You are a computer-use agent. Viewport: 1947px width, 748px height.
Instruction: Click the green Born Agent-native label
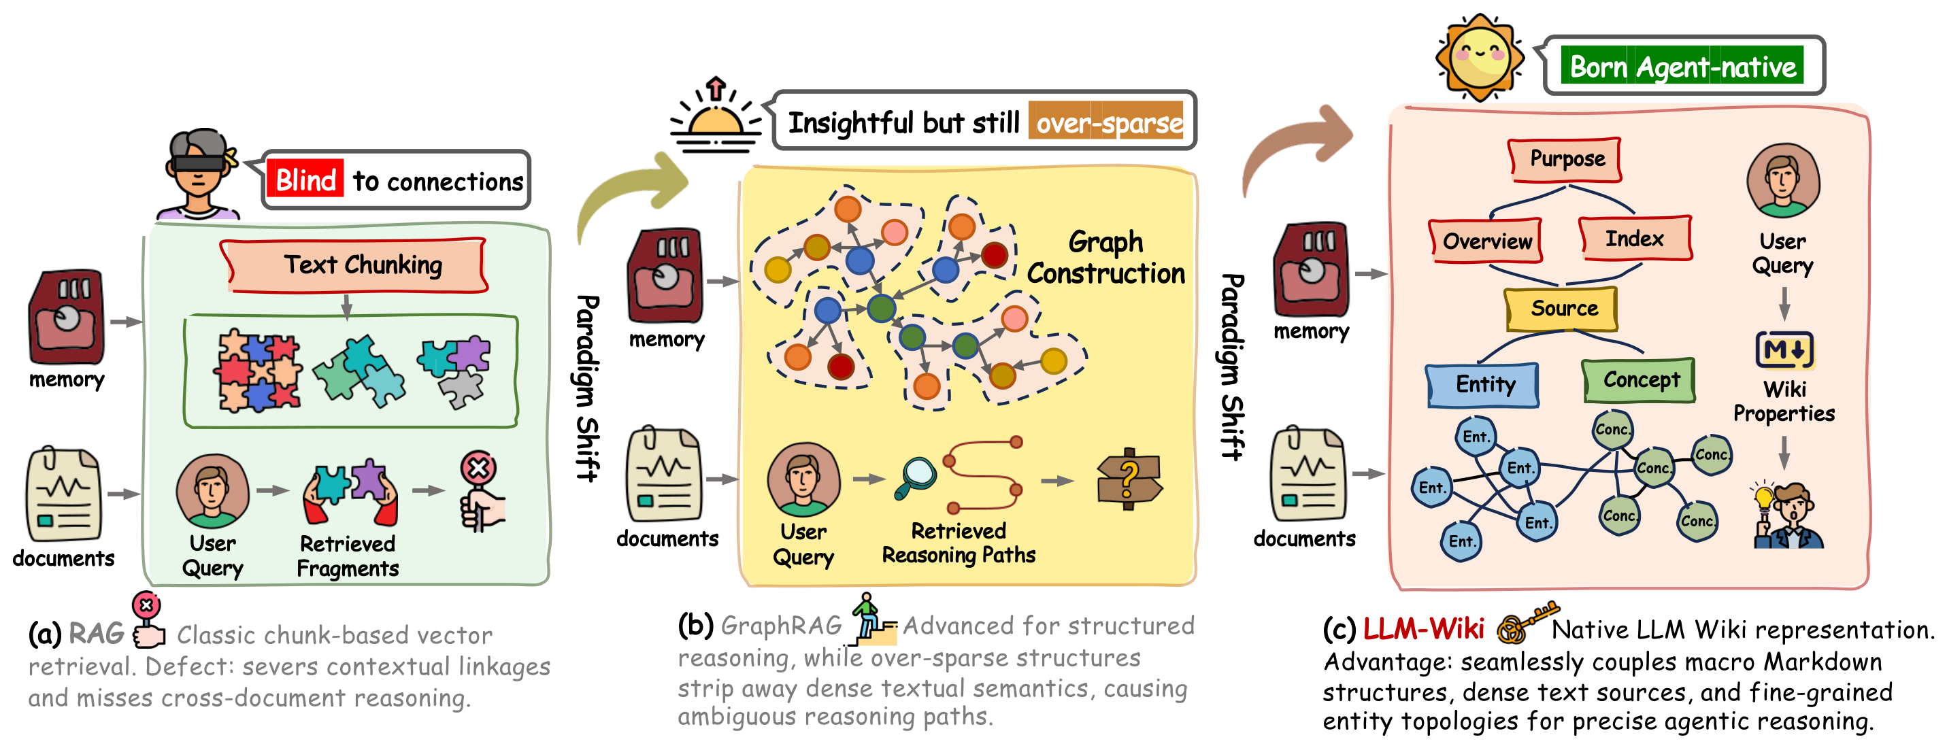[1682, 67]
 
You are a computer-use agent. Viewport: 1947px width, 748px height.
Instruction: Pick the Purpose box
[1565, 159]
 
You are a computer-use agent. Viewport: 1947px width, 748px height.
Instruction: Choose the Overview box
[1486, 241]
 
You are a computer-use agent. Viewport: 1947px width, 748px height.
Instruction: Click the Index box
[1635, 239]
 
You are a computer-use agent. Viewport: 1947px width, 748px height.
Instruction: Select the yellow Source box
[1561, 309]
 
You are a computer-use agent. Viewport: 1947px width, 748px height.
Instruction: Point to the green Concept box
[1640, 380]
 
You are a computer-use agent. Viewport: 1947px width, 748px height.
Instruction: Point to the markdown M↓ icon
[1784, 350]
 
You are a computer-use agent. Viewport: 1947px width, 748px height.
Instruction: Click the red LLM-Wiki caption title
[1423, 628]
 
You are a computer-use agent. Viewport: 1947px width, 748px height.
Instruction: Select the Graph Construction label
[1105, 258]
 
